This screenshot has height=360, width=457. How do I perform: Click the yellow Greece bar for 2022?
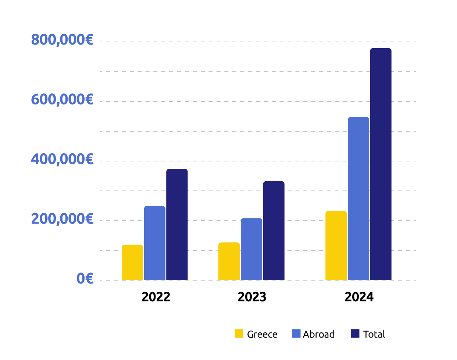click(x=132, y=263)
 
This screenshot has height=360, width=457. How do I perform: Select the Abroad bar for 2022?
click(x=155, y=243)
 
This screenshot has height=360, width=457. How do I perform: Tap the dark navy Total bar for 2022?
click(x=177, y=225)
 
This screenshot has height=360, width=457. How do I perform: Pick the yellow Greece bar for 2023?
click(x=229, y=261)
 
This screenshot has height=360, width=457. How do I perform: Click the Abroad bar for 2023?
click(x=251, y=249)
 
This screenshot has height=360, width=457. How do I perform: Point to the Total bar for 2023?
click(x=274, y=231)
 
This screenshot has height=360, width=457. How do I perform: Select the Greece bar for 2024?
click(x=336, y=246)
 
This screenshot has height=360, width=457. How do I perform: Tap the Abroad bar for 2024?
click(x=358, y=199)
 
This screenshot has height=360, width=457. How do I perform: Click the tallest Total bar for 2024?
click(x=381, y=164)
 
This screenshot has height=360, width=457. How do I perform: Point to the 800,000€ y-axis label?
click(x=62, y=40)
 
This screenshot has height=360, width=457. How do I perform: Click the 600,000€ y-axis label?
click(x=62, y=99)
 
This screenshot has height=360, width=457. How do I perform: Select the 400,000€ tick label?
click(x=62, y=159)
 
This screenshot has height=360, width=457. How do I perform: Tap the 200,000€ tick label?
click(x=62, y=219)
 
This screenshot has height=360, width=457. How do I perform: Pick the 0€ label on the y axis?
click(x=85, y=279)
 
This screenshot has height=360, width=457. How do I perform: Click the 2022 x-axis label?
click(x=156, y=297)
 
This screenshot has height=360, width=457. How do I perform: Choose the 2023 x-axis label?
click(x=252, y=297)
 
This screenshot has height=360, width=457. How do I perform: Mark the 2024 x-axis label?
click(x=359, y=297)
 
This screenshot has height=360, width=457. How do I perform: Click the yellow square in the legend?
click(x=239, y=334)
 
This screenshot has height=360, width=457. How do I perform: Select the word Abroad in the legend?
click(x=319, y=334)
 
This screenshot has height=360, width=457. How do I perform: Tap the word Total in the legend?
click(x=374, y=334)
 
